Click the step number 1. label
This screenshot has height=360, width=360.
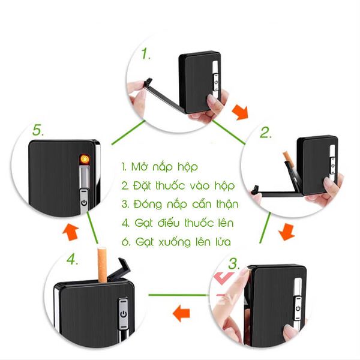(x=145, y=55)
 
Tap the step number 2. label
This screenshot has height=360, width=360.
(x=266, y=134)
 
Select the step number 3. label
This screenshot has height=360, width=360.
(x=234, y=263)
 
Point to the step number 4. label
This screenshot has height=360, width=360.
(x=73, y=260)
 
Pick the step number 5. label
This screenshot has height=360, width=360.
(x=39, y=130)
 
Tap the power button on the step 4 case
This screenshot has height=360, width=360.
(x=124, y=313)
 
